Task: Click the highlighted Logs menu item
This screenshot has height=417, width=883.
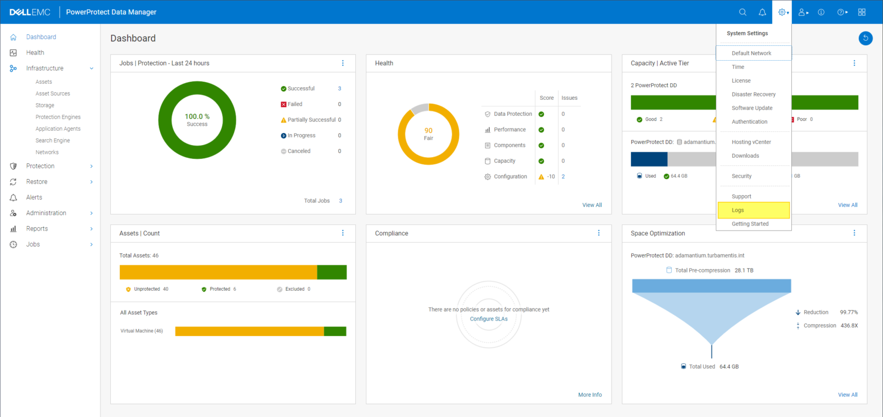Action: [738, 210]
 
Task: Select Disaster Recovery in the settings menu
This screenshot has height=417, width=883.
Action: [753, 94]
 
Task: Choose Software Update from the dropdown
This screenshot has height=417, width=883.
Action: [752, 108]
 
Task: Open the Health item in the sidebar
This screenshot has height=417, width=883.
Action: [35, 53]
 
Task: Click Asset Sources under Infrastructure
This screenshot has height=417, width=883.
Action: [52, 94]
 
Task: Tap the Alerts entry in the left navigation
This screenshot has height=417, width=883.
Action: [34, 197]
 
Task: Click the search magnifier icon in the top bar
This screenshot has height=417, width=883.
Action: [743, 12]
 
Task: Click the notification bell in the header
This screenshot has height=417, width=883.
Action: [762, 12]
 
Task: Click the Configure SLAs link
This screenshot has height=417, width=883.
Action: [488, 319]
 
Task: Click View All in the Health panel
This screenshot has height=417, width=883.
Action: [592, 205]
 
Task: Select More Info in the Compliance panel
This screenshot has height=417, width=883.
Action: [589, 395]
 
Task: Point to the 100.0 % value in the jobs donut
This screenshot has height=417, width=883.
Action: [197, 116]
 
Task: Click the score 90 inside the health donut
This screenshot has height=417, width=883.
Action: [428, 131]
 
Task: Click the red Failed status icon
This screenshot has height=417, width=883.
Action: [284, 104]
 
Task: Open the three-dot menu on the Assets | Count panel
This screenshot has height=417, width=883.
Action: [343, 233]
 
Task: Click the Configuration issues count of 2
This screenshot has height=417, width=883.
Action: [563, 177]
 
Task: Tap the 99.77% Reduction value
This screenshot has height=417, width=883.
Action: [849, 312]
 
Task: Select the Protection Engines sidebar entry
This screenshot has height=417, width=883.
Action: [58, 117]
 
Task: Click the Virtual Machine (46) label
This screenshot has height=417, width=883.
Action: [141, 331]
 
